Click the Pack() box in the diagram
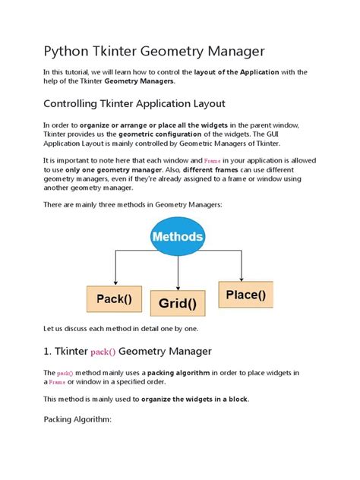tap(114, 299)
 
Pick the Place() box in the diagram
tap(245, 293)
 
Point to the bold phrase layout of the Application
tap(238, 71)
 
